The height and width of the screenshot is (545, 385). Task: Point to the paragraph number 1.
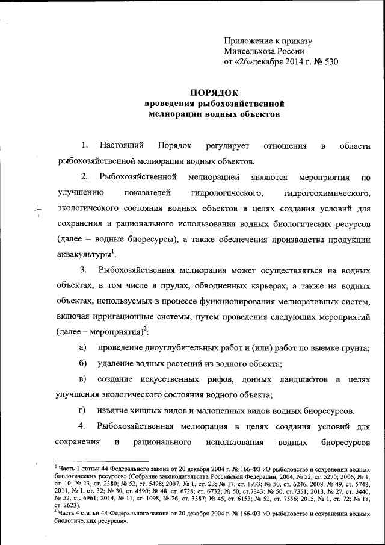click(x=85, y=145)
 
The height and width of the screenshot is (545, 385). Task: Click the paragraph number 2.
click(x=85, y=176)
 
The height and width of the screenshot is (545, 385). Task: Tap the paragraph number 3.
click(x=85, y=268)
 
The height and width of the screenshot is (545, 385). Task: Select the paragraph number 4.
click(x=85, y=426)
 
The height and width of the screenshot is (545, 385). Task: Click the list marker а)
click(x=84, y=347)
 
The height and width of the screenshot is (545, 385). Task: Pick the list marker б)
click(x=84, y=363)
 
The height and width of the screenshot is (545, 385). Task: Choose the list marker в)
click(x=84, y=379)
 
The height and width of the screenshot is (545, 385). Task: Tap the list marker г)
click(x=83, y=410)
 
